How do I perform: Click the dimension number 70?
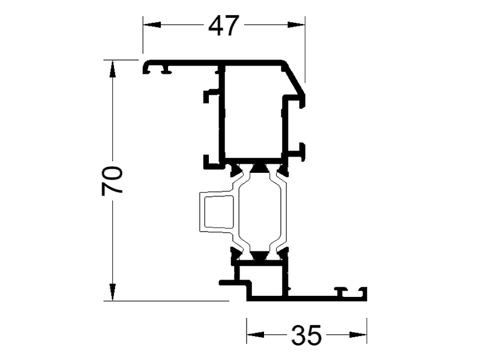pos(112,180)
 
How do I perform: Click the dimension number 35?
pos(307,335)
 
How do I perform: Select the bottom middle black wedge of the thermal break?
pos(259,256)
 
